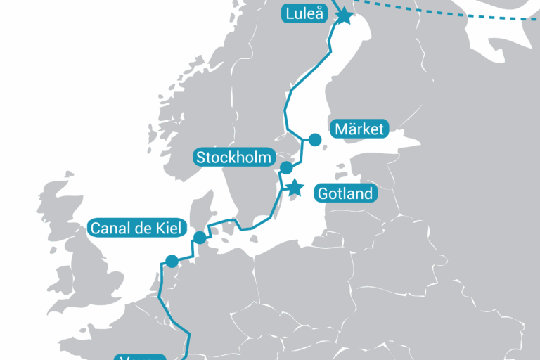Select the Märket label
click(359, 129)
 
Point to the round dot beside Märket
click(315, 140)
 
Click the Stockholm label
click(234, 157)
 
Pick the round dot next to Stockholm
click(286, 167)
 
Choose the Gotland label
click(345, 193)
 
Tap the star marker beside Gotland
click(295, 188)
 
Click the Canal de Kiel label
click(136, 229)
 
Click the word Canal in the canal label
click(110, 229)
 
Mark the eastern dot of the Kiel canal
click(200, 237)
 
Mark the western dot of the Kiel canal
click(172, 261)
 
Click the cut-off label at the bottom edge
click(141, 356)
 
